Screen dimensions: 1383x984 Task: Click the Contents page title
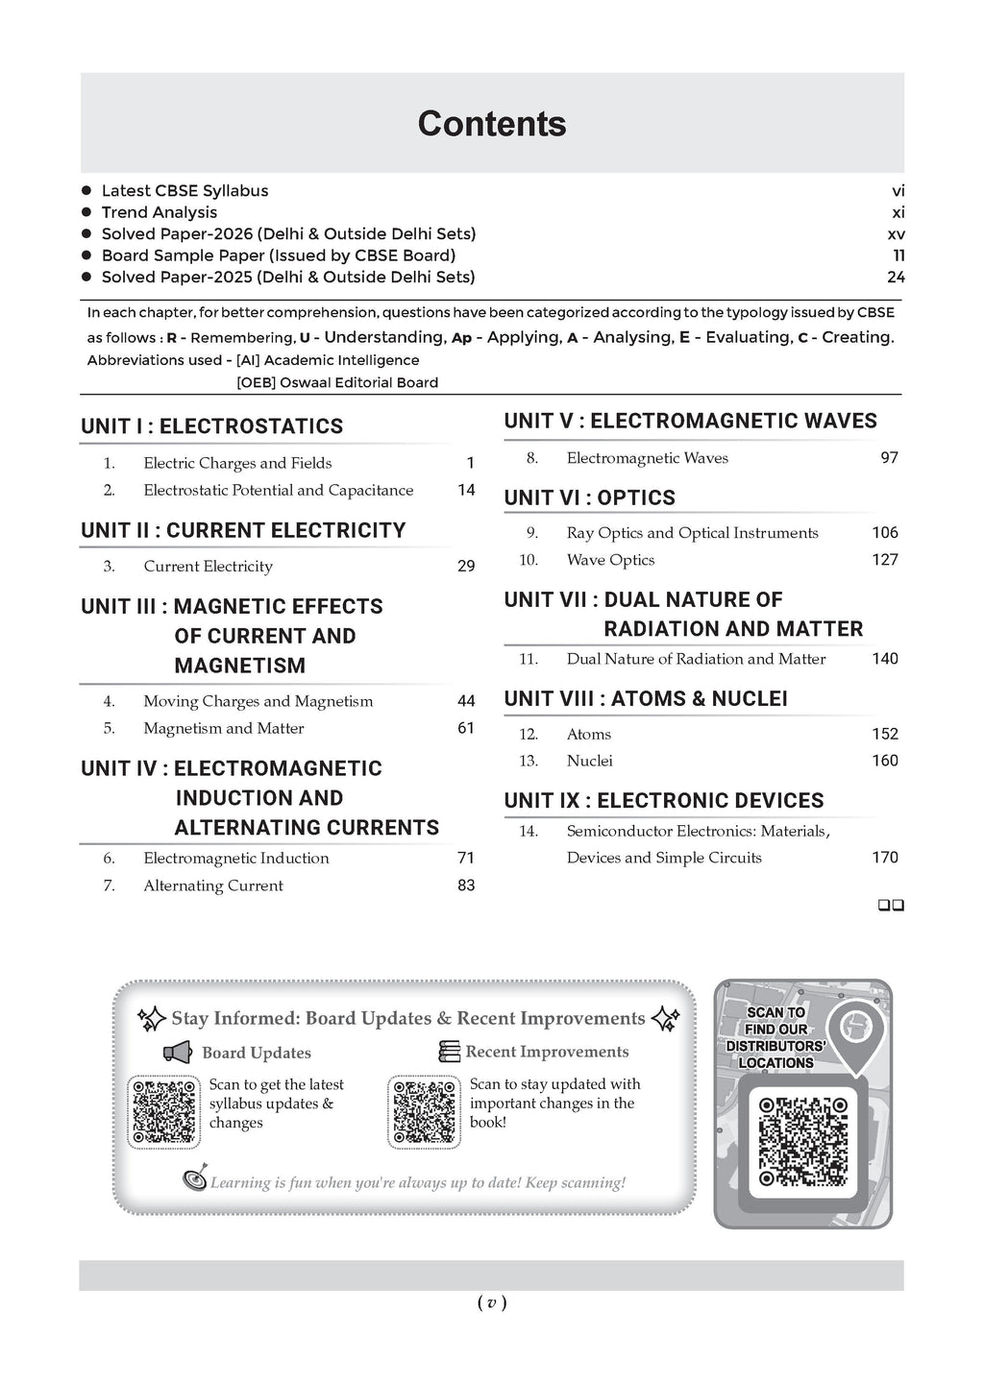click(492, 124)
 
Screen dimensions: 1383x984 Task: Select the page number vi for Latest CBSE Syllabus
click(898, 191)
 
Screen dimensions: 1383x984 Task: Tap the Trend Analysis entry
click(160, 212)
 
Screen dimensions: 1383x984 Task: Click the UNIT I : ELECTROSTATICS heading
click(212, 426)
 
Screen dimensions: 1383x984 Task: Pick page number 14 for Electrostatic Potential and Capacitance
click(466, 490)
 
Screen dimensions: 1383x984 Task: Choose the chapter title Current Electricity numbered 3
click(208, 567)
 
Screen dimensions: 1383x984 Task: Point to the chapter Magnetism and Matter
click(223, 729)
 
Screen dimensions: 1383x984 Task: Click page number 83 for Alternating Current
click(466, 886)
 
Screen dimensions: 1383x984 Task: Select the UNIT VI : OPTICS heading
click(589, 498)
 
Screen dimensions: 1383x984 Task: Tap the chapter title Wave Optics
click(610, 560)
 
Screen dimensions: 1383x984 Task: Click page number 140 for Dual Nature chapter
click(884, 659)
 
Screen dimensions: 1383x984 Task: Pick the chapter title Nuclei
click(589, 761)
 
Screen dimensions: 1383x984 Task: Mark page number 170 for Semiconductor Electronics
click(884, 858)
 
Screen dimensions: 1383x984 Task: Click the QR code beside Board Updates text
click(164, 1110)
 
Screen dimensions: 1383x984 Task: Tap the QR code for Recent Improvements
click(425, 1110)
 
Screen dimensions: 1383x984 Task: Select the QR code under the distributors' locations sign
click(803, 1140)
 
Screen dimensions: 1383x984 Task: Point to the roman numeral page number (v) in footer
click(491, 1303)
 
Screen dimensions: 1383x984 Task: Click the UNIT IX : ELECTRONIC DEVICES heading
click(664, 801)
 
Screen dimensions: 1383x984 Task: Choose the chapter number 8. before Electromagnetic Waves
click(531, 458)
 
